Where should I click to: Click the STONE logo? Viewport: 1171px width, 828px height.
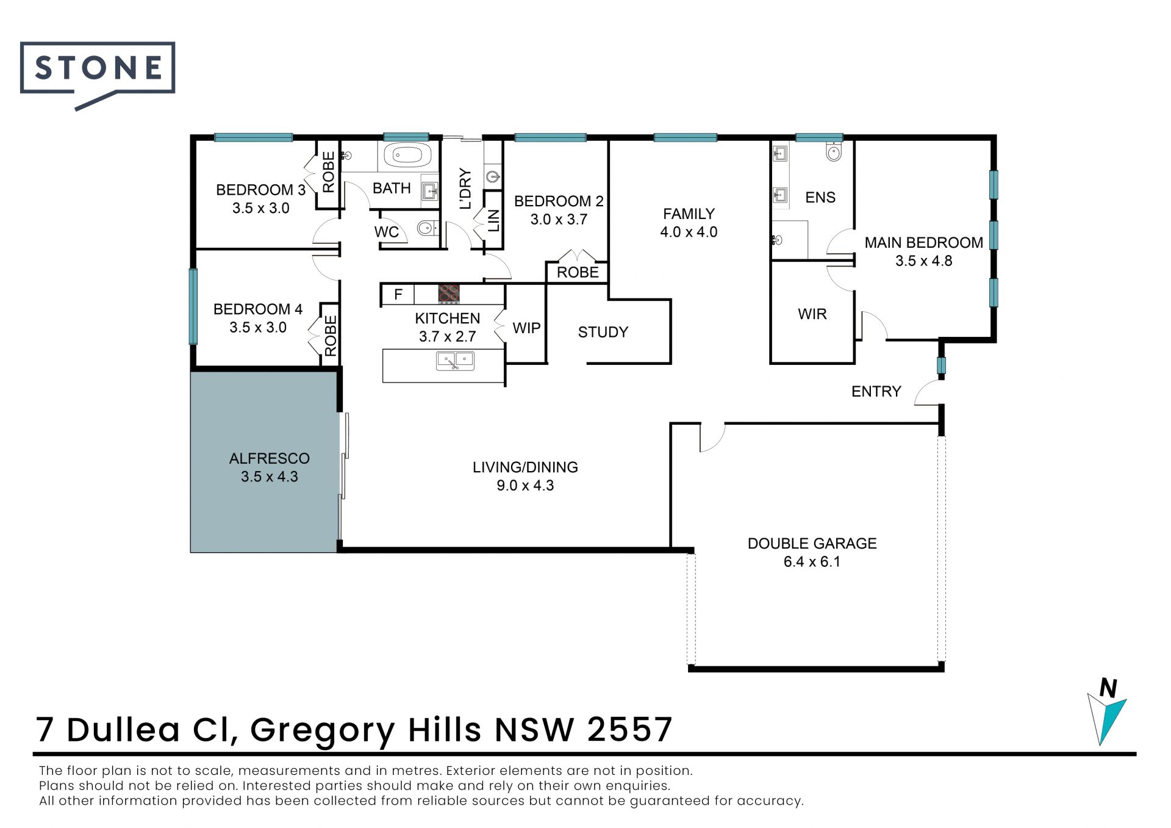[98, 75]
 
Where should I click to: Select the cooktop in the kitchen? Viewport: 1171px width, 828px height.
[449, 294]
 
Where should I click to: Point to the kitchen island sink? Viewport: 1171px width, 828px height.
[455, 361]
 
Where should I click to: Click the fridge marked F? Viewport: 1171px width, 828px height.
[398, 295]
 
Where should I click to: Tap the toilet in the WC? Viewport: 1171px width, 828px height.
[427, 228]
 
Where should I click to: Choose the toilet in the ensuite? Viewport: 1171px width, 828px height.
[834, 151]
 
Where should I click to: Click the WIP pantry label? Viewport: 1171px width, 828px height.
[526, 328]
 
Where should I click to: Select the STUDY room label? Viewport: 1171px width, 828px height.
[603, 332]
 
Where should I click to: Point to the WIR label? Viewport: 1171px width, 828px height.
[812, 314]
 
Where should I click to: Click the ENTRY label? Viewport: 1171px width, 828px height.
[876, 391]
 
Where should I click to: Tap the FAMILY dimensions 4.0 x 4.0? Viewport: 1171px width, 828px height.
[689, 232]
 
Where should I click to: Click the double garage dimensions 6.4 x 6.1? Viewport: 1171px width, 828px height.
[812, 561]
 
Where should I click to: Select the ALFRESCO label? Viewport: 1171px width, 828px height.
[269, 458]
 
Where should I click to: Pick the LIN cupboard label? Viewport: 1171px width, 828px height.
[493, 221]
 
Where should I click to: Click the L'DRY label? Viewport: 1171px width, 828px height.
[465, 189]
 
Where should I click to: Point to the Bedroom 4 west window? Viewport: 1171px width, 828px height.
[193, 306]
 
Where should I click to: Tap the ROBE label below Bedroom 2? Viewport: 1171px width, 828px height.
[578, 272]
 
